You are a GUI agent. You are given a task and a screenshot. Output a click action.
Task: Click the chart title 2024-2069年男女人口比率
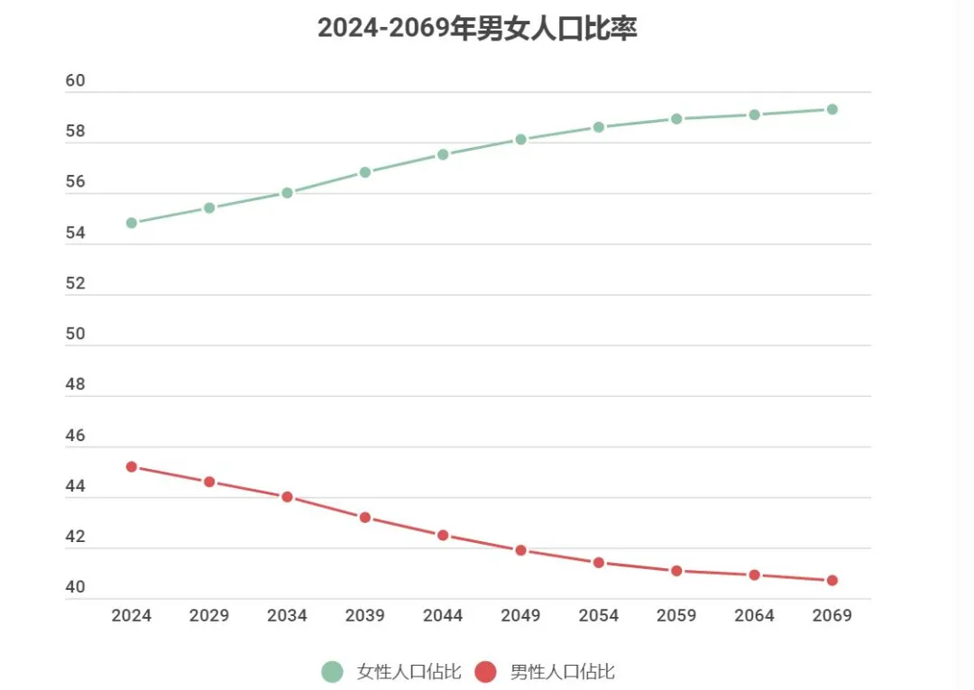pos(477,28)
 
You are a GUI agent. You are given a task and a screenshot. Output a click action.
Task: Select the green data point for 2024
pos(132,223)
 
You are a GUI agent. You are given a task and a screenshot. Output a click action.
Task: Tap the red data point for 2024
pos(132,467)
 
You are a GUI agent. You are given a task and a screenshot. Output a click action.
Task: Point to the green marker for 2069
pos(832,109)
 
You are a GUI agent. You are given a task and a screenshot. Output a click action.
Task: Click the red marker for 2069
pos(832,580)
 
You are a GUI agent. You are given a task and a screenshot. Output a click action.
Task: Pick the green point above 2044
pos(443,154)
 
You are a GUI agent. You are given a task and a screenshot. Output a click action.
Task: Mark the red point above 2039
pos(365,518)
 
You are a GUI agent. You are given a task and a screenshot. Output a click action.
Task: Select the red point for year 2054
pos(599,562)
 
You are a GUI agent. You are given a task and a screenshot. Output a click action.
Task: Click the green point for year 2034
pos(288,192)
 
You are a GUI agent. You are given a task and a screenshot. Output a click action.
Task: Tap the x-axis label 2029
pos(209,615)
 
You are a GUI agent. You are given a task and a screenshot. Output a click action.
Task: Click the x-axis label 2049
pos(520,615)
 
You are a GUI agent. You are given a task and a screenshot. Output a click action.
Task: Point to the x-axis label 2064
pos(754,615)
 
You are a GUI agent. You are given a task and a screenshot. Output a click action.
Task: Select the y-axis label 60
pos(75,81)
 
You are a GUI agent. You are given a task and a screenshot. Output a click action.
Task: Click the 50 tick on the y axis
pos(75,334)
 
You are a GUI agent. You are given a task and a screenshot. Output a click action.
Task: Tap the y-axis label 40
pos(75,587)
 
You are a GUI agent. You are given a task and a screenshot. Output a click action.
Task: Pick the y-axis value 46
pos(75,436)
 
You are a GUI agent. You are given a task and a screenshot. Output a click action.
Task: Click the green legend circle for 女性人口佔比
pos(332,671)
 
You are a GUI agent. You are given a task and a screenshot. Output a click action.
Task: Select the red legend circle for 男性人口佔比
pos(485,671)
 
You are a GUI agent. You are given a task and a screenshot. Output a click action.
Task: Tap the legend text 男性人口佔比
pos(563,671)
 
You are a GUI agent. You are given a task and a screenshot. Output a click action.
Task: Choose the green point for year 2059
pos(676,119)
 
